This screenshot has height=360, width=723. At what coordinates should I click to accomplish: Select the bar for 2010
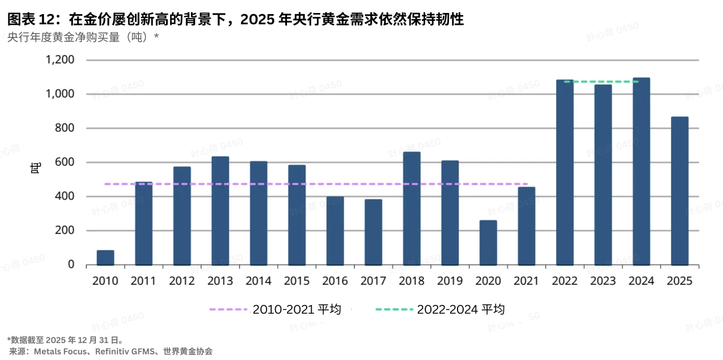point(106,258)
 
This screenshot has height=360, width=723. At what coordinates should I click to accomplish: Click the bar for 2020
point(488,242)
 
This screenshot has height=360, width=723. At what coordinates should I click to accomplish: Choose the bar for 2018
point(412,208)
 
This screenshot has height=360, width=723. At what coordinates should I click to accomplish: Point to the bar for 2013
point(220,210)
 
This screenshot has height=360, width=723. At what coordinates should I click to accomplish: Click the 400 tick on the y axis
point(64,197)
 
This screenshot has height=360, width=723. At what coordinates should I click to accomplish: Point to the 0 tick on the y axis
point(71,264)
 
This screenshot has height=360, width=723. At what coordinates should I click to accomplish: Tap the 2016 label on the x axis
point(335,281)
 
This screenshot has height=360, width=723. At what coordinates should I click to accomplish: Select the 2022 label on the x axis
point(564,281)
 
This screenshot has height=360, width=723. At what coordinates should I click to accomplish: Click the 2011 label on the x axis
point(143,281)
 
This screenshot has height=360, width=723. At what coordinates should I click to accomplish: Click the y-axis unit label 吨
point(36,168)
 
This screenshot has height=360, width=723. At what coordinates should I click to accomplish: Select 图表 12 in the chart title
point(29,20)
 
